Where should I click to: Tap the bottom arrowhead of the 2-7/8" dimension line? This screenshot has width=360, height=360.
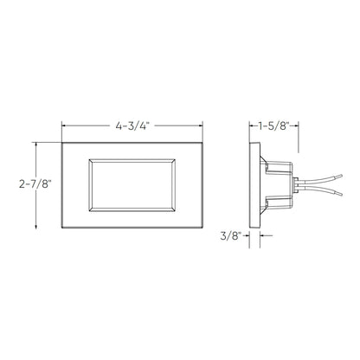(35, 228)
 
